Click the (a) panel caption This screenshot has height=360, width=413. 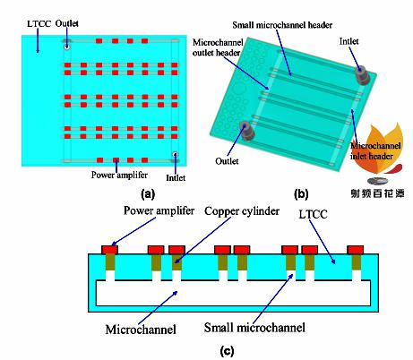point(148,194)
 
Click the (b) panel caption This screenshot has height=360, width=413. point(301,194)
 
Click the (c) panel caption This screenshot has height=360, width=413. point(227,351)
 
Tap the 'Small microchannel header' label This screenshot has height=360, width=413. point(282,25)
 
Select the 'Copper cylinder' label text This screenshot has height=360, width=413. point(242,211)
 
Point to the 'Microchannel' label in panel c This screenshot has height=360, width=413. point(141,330)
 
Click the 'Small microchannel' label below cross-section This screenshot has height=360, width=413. point(254,328)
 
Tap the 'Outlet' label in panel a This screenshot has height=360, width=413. point(67,23)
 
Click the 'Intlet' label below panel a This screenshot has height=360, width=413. point(176,178)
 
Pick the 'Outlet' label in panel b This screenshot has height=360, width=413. point(227,161)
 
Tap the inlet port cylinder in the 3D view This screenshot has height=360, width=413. point(362,74)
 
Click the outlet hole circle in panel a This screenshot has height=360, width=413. point(66,47)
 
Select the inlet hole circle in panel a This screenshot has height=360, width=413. point(176,155)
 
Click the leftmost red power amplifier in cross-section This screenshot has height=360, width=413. point(109,250)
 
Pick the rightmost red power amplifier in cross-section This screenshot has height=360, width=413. point(356,250)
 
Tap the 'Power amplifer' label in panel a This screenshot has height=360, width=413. point(119,175)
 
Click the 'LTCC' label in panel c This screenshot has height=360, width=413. point(313,214)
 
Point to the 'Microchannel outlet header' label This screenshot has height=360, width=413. point(218,47)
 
